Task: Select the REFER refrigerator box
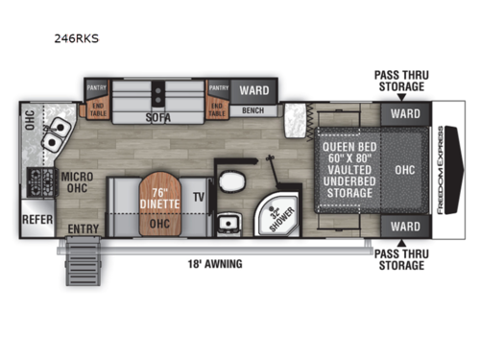coord(36,218)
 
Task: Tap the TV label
coord(200,196)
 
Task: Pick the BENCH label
coord(252,111)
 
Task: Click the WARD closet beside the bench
coord(253,90)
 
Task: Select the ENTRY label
coord(83,228)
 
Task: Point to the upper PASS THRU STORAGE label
coord(399,80)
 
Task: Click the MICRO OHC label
coord(76,181)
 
